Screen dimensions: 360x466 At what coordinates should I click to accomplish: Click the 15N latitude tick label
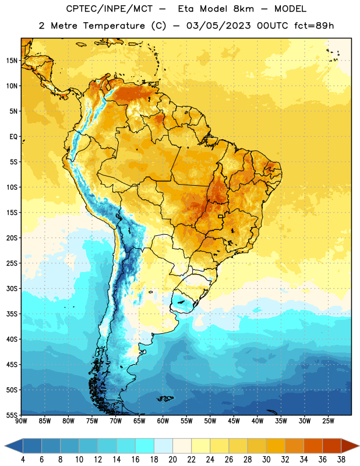tap(12, 61)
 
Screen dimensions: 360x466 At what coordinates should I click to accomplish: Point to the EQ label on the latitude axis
tap(13, 137)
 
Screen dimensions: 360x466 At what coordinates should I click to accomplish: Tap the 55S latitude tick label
tap(12, 415)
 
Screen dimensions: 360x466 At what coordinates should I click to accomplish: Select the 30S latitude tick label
tap(12, 288)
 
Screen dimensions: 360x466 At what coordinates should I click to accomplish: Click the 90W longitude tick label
tap(21, 421)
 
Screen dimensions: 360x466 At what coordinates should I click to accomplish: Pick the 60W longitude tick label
tap(163, 421)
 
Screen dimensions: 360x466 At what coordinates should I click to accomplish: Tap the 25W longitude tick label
tap(328, 421)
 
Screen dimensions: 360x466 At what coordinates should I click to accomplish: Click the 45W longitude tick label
tap(234, 421)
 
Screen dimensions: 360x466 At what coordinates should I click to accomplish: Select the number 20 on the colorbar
tap(172, 460)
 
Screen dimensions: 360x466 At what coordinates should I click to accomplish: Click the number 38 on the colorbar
tap(341, 460)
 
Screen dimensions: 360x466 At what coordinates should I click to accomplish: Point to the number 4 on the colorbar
tap(23, 460)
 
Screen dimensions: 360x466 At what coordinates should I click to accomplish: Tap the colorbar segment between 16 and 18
tap(144, 446)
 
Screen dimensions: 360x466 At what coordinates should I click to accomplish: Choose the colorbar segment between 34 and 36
tap(313, 446)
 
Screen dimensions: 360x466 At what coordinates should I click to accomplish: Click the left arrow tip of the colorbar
tap(5, 446)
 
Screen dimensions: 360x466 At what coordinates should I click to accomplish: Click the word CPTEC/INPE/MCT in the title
tap(110, 9)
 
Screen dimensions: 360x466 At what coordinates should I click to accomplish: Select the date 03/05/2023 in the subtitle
tap(218, 26)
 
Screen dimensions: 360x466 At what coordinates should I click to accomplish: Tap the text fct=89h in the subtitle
tap(314, 26)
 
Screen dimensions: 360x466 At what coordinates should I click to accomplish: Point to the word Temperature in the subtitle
tap(114, 26)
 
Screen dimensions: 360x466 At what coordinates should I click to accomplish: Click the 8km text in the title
tap(243, 9)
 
